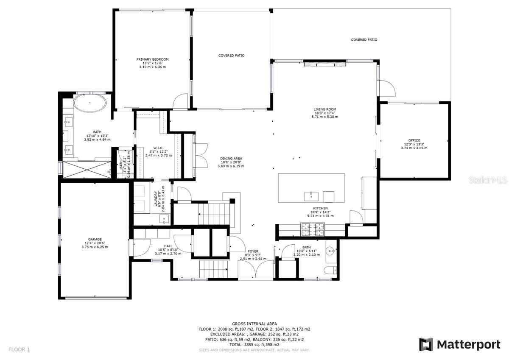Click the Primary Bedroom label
153,59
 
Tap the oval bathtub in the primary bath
89,103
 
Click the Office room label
414,140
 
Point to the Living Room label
325,109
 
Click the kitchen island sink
311,196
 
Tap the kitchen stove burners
312,229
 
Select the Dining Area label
231,159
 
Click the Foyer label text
253,251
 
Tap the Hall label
168,246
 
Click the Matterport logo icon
426,344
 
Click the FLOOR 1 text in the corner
19,349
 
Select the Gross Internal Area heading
254,324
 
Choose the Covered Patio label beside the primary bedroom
231,56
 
